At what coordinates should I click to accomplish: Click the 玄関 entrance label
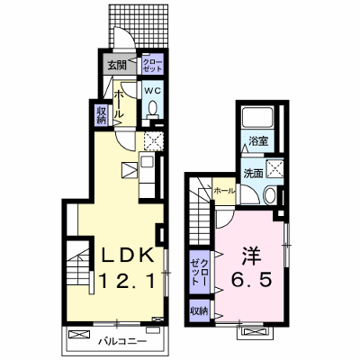117,64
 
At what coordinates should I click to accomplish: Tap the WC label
153,90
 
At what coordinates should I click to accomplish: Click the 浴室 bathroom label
258,140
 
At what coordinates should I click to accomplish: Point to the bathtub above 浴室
257,117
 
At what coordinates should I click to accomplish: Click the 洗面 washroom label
254,173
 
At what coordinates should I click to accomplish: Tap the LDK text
128,256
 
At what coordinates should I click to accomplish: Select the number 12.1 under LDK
127,281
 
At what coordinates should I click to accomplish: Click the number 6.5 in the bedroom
251,279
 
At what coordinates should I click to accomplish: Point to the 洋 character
251,256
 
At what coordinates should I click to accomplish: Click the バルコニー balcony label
122,341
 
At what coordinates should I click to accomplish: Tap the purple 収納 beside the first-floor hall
102,115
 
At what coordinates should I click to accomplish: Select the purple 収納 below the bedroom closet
200,310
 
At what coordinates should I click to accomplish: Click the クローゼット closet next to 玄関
153,65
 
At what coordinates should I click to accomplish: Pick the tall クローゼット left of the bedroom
200,272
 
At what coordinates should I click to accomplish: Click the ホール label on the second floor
224,191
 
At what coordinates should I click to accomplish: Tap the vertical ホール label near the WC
119,103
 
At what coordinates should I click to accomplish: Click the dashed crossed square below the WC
153,140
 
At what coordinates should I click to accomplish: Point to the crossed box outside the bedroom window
255,332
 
